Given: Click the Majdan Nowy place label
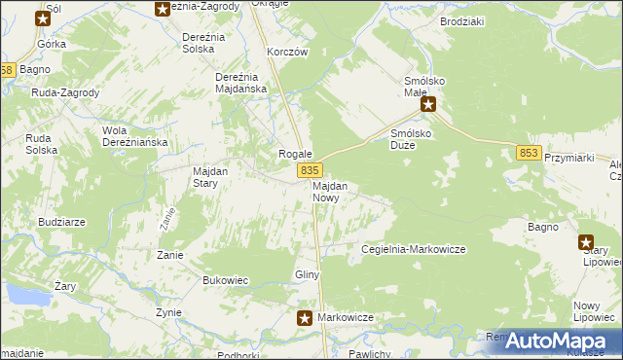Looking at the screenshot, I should (331, 191).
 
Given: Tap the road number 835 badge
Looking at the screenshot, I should (307, 170).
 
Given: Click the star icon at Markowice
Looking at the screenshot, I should (305, 317).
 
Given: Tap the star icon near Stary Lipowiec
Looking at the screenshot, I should (586, 243).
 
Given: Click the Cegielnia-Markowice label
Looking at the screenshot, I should (413, 249).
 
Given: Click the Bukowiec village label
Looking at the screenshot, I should (226, 280).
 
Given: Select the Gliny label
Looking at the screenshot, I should (308, 275).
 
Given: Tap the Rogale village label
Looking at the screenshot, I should (295, 154).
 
